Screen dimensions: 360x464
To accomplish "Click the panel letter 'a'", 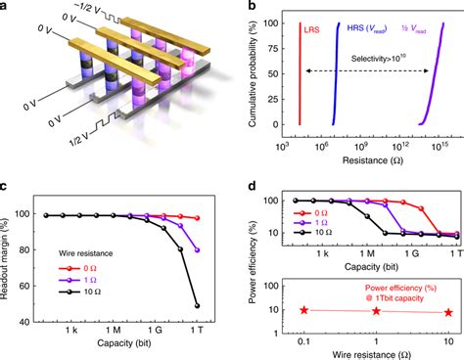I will pyautogui.click(x=7, y=8).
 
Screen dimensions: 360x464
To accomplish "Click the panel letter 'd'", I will pyautogui.click(x=242, y=187).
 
